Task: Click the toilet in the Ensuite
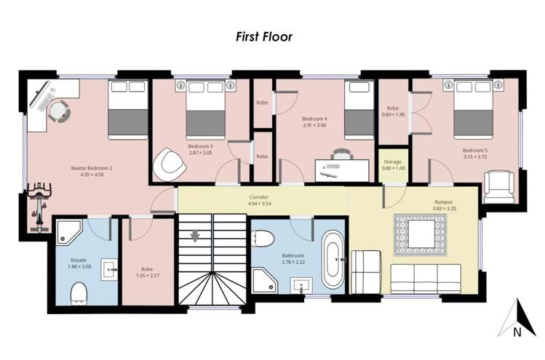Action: pyautogui.click(x=78, y=292)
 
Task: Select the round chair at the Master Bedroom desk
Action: pyautogui.click(x=58, y=111)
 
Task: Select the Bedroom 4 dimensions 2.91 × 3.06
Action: pyautogui.click(x=315, y=125)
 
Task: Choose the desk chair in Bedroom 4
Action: pyautogui.click(x=339, y=155)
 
